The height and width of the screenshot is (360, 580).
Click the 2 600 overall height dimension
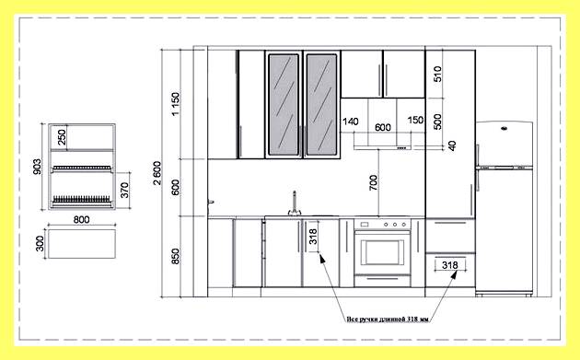(x=157, y=173)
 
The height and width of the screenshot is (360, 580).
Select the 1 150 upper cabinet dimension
(x=175, y=104)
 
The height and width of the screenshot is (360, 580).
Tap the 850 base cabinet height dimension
(x=175, y=256)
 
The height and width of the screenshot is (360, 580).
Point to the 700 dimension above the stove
(x=373, y=182)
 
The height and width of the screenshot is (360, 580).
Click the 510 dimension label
(x=437, y=74)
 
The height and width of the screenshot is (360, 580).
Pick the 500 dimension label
(x=437, y=122)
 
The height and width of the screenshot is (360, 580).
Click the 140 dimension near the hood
(x=350, y=122)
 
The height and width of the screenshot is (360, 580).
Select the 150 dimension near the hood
(x=415, y=121)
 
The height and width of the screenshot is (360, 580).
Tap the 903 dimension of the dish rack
(x=37, y=167)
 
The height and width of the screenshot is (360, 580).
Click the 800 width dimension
(x=81, y=219)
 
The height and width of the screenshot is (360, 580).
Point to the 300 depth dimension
(x=40, y=244)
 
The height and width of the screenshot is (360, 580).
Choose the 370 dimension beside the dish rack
(x=124, y=191)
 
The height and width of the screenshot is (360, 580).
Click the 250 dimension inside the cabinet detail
(x=62, y=137)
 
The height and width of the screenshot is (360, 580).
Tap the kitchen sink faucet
(x=295, y=203)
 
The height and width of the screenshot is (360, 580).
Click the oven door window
(x=382, y=252)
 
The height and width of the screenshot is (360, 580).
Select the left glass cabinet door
(x=284, y=104)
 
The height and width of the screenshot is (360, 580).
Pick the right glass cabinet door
(x=321, y=104)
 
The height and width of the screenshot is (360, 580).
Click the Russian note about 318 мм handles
(x=388, y=319)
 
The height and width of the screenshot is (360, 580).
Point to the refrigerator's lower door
(x=505, y=230)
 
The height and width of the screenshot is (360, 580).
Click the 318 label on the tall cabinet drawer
(x=450, y=265)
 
